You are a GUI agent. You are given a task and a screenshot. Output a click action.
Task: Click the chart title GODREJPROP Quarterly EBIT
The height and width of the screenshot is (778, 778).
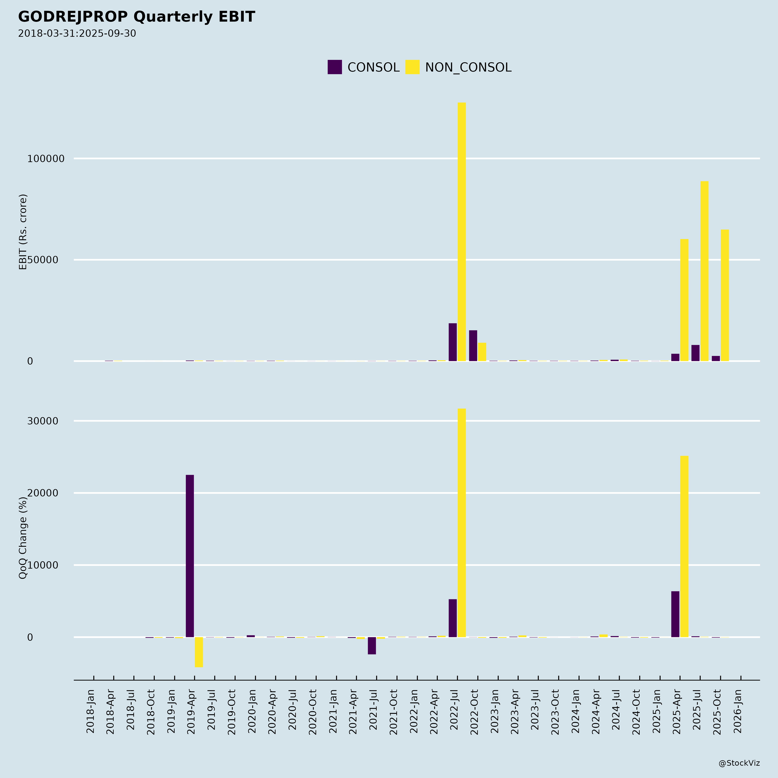(x=137, y=17)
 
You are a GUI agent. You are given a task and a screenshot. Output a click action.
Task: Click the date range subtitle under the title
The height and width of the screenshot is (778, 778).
(x=77, y=33)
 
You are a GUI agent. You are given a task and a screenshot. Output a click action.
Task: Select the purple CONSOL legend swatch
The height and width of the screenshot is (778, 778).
(x=335, y=67)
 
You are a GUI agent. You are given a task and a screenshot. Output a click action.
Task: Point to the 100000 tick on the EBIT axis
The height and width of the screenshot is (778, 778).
(x=46, y=159)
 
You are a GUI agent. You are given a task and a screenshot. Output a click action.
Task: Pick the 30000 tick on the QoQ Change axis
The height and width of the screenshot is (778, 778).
(x=43, y=421)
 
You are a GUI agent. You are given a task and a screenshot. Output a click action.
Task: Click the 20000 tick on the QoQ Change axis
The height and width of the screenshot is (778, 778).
(x=43, y=493)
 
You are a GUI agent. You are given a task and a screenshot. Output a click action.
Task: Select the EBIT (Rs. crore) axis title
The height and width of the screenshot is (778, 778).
(x=23, y=232)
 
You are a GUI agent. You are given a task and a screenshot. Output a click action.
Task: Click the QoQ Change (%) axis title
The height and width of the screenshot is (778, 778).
(x=23, y=538)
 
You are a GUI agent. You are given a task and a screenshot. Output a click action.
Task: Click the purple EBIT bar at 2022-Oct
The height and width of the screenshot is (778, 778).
(x=473, y=346)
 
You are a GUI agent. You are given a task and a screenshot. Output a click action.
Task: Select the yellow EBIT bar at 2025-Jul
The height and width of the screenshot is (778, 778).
(x=704, y=271)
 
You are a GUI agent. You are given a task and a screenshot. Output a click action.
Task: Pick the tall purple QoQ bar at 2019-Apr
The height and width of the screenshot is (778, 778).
(x=190, y=556)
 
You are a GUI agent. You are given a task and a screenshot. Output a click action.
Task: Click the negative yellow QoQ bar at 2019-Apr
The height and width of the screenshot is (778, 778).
(x=199, y=652)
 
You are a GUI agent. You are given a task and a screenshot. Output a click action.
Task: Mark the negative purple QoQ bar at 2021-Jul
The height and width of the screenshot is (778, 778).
(x=372, y=646)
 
